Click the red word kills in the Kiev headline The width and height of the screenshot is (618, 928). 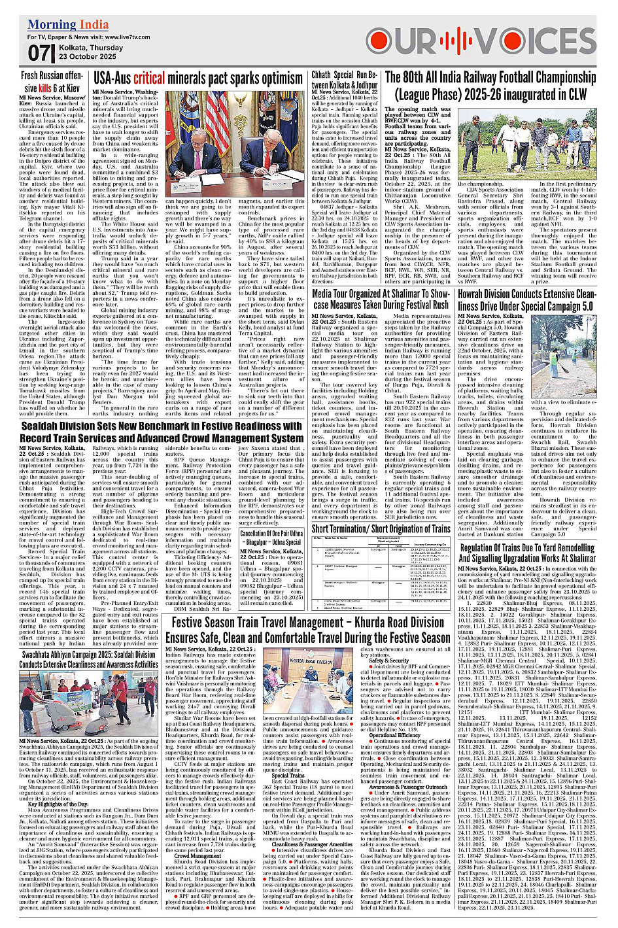44,88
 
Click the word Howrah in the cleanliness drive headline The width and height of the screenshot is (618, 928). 470,294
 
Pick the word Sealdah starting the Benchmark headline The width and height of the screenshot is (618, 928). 41,426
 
